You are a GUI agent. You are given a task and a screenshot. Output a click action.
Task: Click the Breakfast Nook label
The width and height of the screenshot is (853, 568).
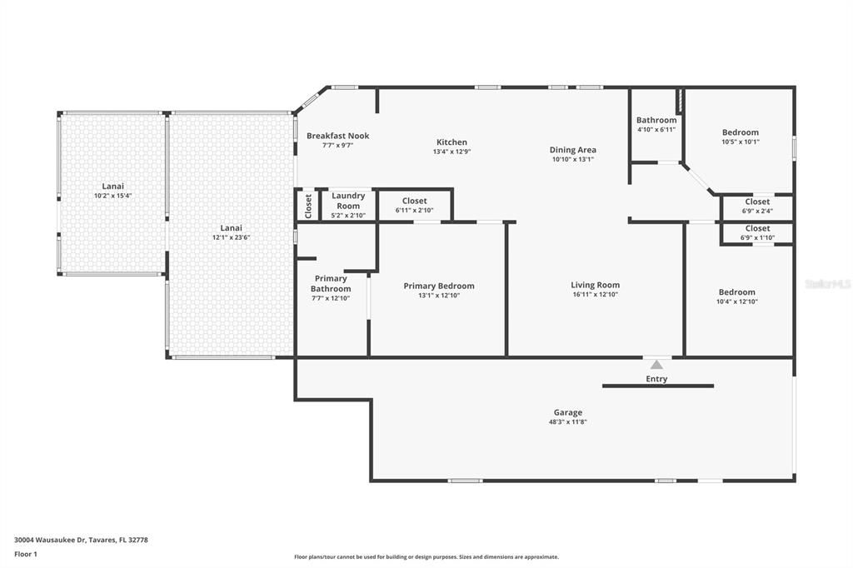337,136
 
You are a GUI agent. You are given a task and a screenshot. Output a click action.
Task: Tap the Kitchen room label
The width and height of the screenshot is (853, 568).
451,142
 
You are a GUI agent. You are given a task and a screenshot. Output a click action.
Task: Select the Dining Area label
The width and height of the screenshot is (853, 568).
572,150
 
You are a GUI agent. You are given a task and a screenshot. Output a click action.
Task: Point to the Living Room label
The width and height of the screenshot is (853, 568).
595,285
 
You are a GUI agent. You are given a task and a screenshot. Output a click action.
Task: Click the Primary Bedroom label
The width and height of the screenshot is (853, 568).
438,286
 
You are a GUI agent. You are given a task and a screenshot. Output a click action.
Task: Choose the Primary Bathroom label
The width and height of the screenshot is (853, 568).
331,283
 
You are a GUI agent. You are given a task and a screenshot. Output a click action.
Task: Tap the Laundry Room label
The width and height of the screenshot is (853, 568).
348,201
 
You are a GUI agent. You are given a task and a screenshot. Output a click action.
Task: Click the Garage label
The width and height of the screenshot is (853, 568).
568,412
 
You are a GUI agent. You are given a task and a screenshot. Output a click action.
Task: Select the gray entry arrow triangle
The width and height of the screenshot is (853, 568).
656,364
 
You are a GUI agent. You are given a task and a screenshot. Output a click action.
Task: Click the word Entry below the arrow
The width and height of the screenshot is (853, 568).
656,379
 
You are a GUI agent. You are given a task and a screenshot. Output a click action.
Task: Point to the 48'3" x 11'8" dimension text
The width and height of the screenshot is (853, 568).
568,422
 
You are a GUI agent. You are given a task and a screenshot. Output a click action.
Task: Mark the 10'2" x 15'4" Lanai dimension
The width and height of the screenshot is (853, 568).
113,196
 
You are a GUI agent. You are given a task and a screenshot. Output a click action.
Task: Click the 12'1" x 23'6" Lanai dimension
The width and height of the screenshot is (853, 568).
231,237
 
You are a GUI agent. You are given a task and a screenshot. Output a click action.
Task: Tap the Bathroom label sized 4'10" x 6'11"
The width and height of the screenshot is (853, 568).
656,120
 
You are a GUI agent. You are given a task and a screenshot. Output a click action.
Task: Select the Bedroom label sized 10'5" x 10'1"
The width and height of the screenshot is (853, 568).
740,132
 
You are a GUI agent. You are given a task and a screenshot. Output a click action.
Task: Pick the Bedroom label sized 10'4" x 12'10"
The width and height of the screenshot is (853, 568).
737,291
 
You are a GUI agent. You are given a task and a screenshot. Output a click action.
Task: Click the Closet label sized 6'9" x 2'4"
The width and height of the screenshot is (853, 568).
757,202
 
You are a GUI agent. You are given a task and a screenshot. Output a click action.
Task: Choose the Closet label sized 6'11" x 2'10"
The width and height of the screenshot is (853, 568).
414,201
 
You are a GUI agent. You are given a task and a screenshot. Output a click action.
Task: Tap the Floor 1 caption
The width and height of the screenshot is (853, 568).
26,554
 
